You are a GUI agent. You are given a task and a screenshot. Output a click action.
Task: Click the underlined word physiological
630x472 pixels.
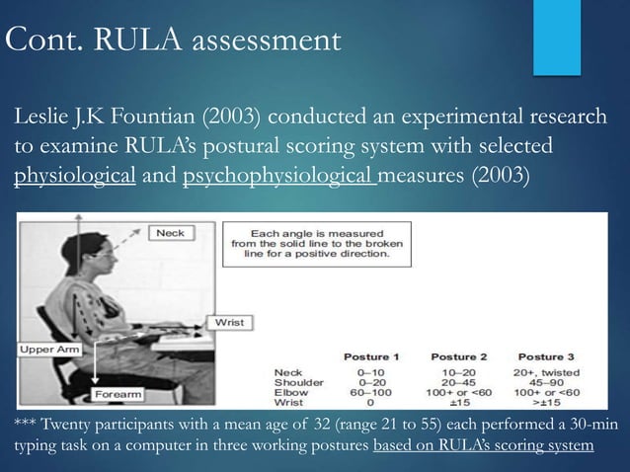(x=74, y=179)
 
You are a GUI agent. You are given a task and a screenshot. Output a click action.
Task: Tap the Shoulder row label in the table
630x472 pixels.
(x=296, y=379)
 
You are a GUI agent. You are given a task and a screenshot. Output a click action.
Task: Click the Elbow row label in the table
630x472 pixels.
(x=290, y=390)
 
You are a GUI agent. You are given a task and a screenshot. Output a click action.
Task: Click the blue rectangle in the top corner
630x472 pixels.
(x=557, y=37)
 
